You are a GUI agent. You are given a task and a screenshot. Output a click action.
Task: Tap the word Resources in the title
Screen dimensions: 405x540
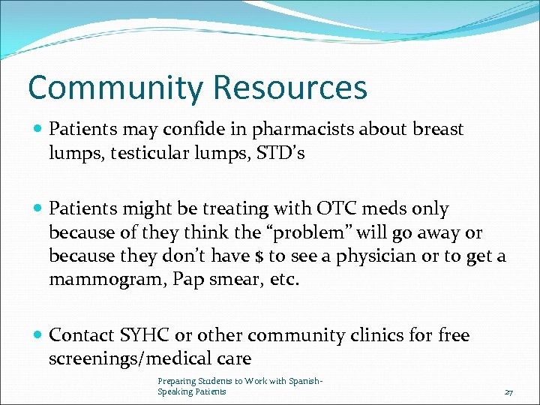click(x=290, y=87)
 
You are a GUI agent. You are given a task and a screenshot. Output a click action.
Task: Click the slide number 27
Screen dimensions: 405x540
click(x=508, y=392)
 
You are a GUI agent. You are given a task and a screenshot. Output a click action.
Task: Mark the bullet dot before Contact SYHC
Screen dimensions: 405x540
click(x=37, y=335)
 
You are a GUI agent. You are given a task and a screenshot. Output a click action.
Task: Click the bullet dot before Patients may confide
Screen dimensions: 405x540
click(x=37, y=129)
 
